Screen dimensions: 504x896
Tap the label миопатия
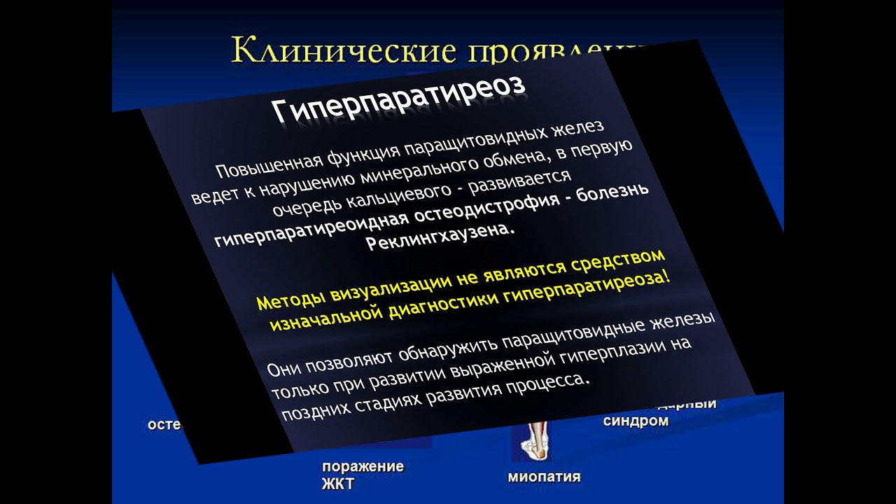(x=544, y=477)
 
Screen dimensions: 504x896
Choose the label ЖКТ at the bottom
(x=338, y=484)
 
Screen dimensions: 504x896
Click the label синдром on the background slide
(x=636, y=421)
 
